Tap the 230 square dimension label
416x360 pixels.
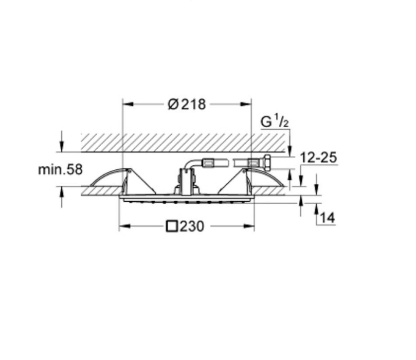185,226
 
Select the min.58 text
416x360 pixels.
60,169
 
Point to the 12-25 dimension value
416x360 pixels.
319,157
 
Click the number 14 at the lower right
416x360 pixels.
327,217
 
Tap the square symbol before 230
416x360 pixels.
172,226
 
